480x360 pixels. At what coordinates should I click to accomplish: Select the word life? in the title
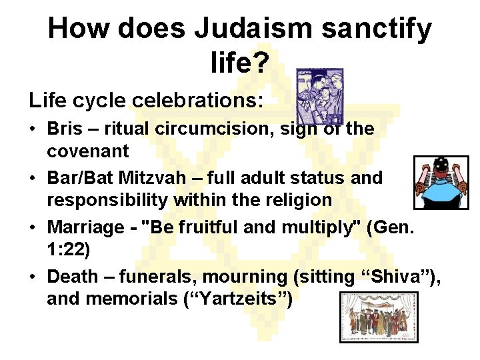(x=239, y=63)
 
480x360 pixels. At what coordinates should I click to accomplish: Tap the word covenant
(x=87, y=151)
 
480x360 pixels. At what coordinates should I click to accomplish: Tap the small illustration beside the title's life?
(x=320, y=95)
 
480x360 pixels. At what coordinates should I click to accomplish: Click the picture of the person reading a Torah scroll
(x=441, y=183)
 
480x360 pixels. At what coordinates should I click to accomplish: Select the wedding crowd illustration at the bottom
(x=379, y=317)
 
